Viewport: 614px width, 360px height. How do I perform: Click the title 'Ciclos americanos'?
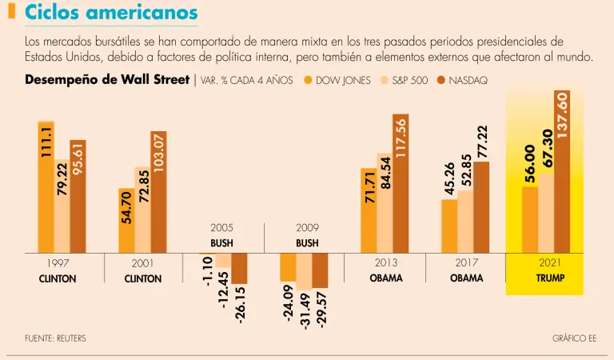coord(111,14)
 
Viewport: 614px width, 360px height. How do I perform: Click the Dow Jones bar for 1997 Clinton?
coord(46,188)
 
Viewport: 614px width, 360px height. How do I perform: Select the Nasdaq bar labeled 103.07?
coord(158,192)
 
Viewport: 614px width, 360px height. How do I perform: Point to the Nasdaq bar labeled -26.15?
coord(239,269)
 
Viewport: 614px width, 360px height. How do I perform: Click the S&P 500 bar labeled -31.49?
coord(304,272)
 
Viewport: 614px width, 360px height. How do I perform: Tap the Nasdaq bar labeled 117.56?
coord(400,184)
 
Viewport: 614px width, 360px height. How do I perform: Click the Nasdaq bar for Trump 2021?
coord(561,172)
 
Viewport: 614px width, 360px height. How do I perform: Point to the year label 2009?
coord(307,228)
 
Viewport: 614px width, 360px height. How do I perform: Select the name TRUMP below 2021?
coord(548,278)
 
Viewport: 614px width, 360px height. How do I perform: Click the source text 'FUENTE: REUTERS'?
coord(55,338)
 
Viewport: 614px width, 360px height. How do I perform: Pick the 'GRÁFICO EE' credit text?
coord(574,338)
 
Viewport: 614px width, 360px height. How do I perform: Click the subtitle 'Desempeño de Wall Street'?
coord(107,80)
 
